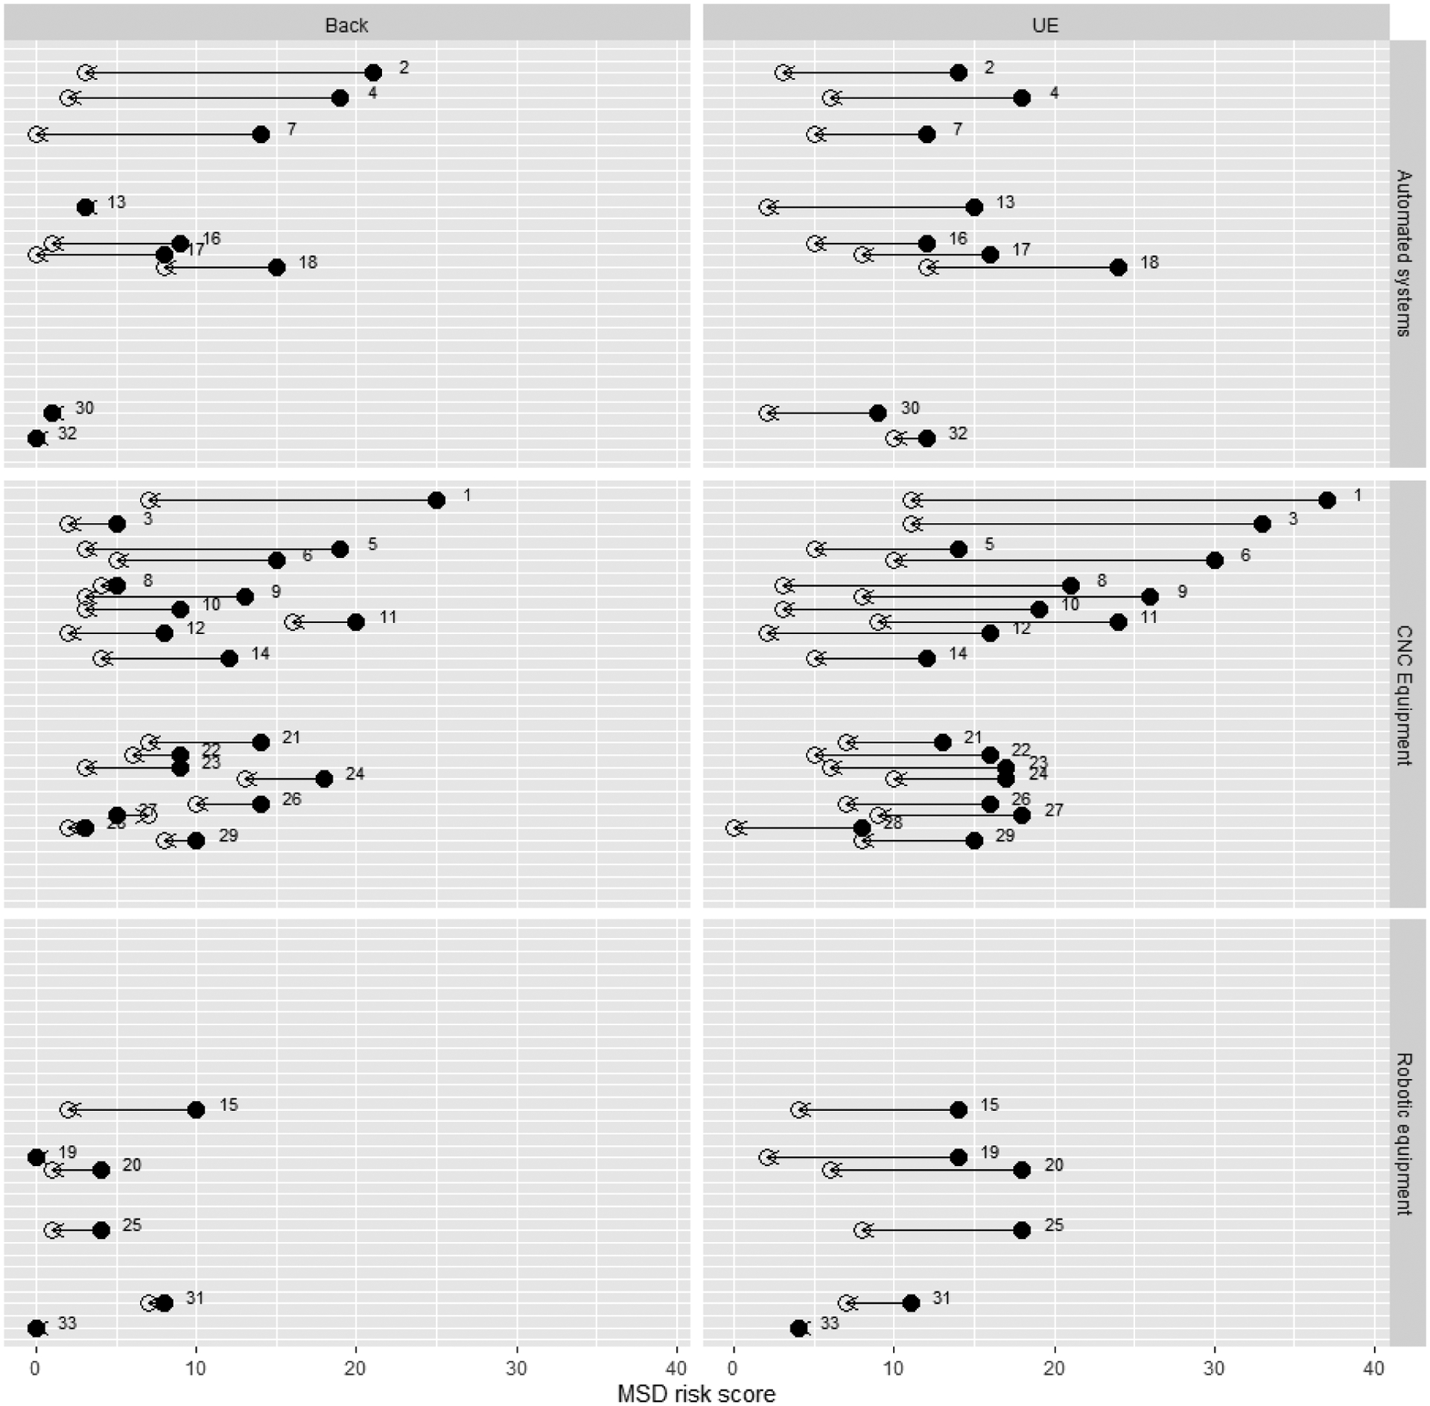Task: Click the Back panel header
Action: tap(346, 25)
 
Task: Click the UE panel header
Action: tap(1045, 25)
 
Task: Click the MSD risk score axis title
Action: tap(696, 1393)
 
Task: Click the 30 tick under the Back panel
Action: tap(516, 1368)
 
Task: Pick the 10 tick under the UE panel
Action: tap(894, 1368)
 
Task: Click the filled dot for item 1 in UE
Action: tap(1326, 500)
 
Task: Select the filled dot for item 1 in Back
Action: tap(436, 500)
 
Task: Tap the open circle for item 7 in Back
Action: tap(36, 134)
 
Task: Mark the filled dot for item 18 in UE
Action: tap(1118, 267)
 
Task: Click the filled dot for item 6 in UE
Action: tap(1215, 560)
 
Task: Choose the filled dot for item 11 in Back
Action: tap(356, 622)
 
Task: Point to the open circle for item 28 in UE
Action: tap(734, 828)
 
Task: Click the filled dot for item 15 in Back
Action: tap(196, 1109)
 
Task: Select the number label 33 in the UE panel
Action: tap(829, 1323)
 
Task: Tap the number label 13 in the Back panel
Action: tap(116, 202)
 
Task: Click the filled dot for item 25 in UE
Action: tap(1022, 1230)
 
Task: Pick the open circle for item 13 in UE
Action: tap(767, 207)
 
